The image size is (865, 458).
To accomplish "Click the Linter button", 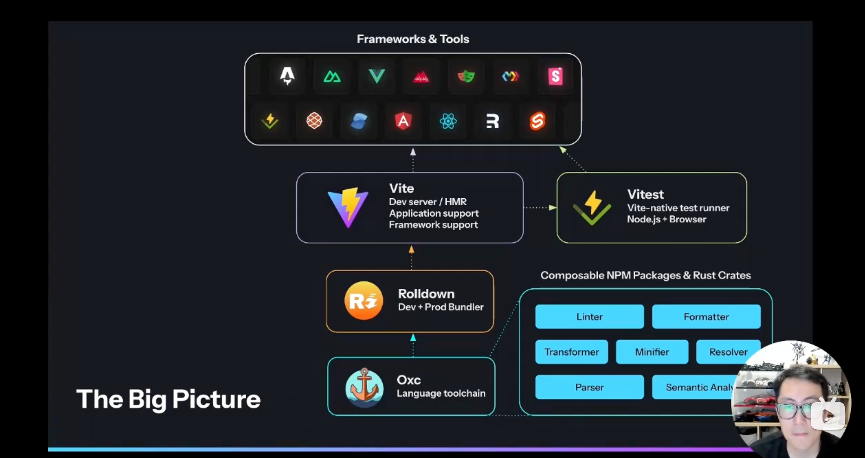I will coord(589,316).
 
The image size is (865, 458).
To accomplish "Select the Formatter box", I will coord(706,316).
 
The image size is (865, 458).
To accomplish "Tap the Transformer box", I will coord(571,352).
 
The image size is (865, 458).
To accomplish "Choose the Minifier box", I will coord(652,352).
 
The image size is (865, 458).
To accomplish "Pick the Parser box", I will coord(589,387).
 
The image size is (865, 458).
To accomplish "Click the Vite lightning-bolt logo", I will coord(348,207).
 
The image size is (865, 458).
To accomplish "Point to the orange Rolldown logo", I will coord(363,301).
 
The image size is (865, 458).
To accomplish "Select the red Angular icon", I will coord(403,121).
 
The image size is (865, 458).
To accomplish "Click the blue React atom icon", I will coord(448,121).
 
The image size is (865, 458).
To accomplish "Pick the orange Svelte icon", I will coord(537,121).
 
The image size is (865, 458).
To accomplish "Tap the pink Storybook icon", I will coord(555,76).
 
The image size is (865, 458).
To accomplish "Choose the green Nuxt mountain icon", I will coord(332,77).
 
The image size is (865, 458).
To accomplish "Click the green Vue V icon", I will coord(377,76).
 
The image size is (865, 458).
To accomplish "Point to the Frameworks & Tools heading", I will coord(413,39).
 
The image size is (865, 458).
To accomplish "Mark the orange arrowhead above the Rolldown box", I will coord(411,249).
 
